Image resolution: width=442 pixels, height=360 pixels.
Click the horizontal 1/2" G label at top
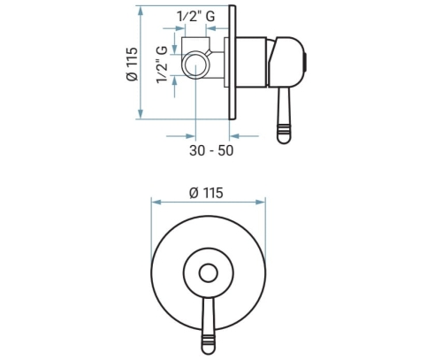point(195,16)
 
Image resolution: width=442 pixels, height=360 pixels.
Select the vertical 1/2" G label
point(162,65)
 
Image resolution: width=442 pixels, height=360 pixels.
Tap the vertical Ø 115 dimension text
point(132,64)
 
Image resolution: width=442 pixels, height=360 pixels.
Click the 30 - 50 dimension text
point(211,150)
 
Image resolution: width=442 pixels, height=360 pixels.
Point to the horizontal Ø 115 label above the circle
point(206,193)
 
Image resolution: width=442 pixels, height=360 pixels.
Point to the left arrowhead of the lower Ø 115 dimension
point(156,203)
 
